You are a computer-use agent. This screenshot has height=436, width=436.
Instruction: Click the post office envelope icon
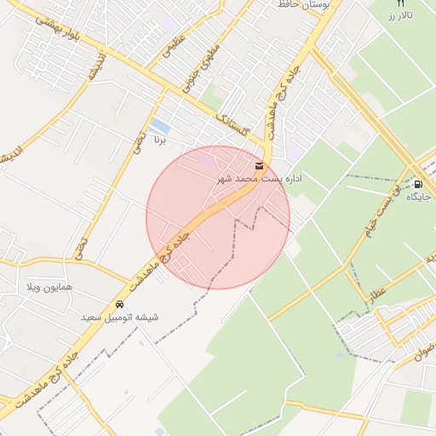tap(259, 166)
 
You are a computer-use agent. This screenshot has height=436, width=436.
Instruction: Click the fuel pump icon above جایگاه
tap(418, 184)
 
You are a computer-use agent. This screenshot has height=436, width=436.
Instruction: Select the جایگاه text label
tap(418, 197)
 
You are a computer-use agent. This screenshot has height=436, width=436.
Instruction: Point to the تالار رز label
tap(396, 16)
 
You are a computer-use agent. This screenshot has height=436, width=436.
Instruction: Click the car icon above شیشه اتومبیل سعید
tap(120, 304)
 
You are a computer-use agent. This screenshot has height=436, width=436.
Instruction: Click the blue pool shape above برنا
tap(158, 129)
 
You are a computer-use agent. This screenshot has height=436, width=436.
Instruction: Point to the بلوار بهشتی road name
tap(54, 32)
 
